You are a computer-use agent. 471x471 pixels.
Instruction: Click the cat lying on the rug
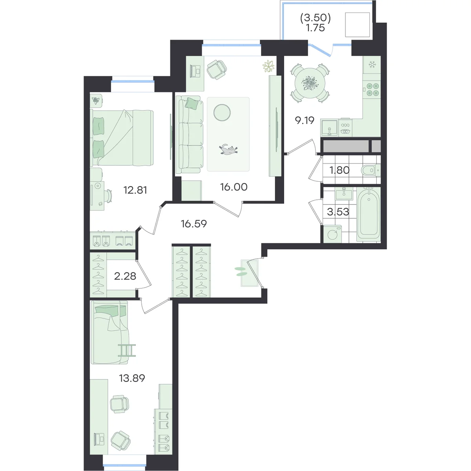[x=228, y=149]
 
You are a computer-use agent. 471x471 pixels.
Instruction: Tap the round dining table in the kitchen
[x=310, y=83]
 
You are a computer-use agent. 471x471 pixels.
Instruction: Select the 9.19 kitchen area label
[x=305, y=120]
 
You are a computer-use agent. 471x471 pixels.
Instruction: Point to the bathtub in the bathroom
[x=368, y=214]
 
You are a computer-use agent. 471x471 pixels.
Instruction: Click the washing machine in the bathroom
[x=332, y=234]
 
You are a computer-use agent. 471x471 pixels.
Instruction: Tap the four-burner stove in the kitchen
[x=372, y=89]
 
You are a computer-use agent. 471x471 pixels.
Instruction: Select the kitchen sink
[x=329, y=127]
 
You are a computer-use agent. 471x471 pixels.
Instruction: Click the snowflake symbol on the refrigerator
[x=372, y=65]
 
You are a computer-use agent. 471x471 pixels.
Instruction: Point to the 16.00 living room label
[x=234, y=187]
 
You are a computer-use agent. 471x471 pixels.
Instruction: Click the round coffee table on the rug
[x=222, y=112]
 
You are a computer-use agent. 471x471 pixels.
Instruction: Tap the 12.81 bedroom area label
[x=135, y=190]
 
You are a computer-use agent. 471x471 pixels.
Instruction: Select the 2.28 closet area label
[x=125, y=276]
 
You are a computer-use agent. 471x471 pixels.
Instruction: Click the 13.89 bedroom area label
[x=132, y=378]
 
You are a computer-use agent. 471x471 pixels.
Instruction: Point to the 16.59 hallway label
[x=194, y=223]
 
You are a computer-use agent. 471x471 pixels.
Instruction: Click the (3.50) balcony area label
[x=316, y=18]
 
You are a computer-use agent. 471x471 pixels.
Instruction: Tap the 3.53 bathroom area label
[x=338, y=212]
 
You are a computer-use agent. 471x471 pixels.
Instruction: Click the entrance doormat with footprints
[x=249, y=273]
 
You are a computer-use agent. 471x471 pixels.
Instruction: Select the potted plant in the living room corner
[x=268, y=66]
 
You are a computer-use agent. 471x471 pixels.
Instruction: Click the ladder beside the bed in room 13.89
[x=127, y=350]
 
